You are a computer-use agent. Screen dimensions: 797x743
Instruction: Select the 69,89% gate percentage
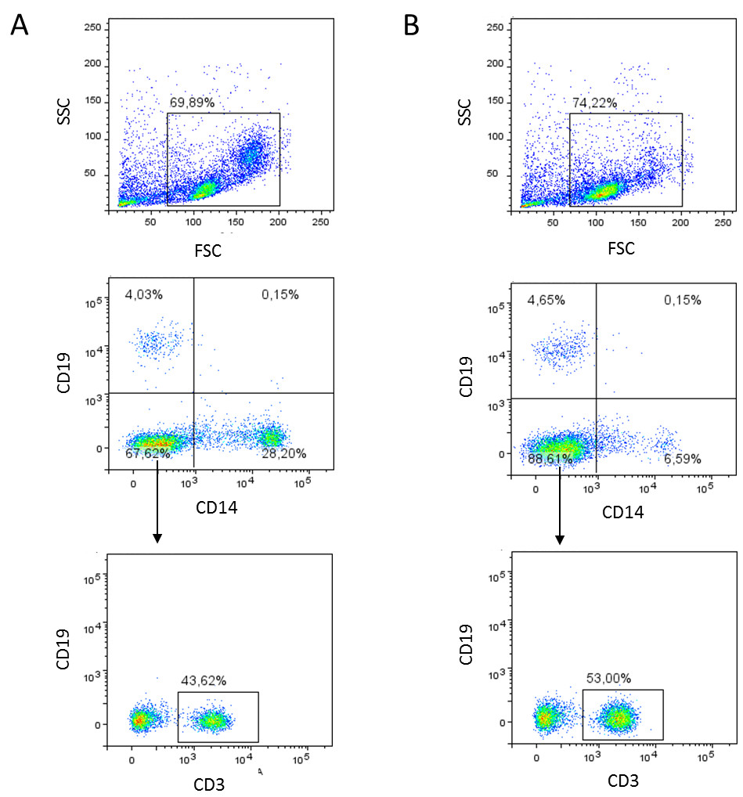192,103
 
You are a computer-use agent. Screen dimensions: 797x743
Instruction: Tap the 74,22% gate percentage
593,103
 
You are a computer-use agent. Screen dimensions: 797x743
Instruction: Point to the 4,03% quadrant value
145,294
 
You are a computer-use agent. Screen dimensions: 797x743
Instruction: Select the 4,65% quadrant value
546,300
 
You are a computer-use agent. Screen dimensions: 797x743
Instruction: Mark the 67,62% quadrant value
148,453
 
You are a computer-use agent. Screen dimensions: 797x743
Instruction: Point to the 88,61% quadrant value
550,459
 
